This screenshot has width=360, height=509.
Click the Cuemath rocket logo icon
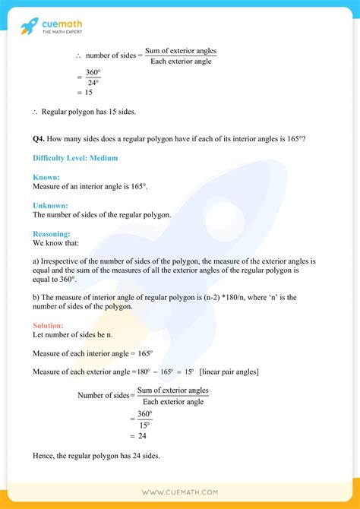tap(29, 26)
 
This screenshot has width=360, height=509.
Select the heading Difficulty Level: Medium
tap(75, 157)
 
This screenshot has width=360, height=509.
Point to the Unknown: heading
tap(50, 205)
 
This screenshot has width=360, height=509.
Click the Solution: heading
tap(49, 325)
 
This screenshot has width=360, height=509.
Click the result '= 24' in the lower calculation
tap(137, 435)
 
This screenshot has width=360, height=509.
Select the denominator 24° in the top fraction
tap(93, 82)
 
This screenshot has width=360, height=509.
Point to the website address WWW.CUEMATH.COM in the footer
tap(180, 492)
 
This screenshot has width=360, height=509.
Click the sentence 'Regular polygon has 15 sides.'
tap(90, 112)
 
